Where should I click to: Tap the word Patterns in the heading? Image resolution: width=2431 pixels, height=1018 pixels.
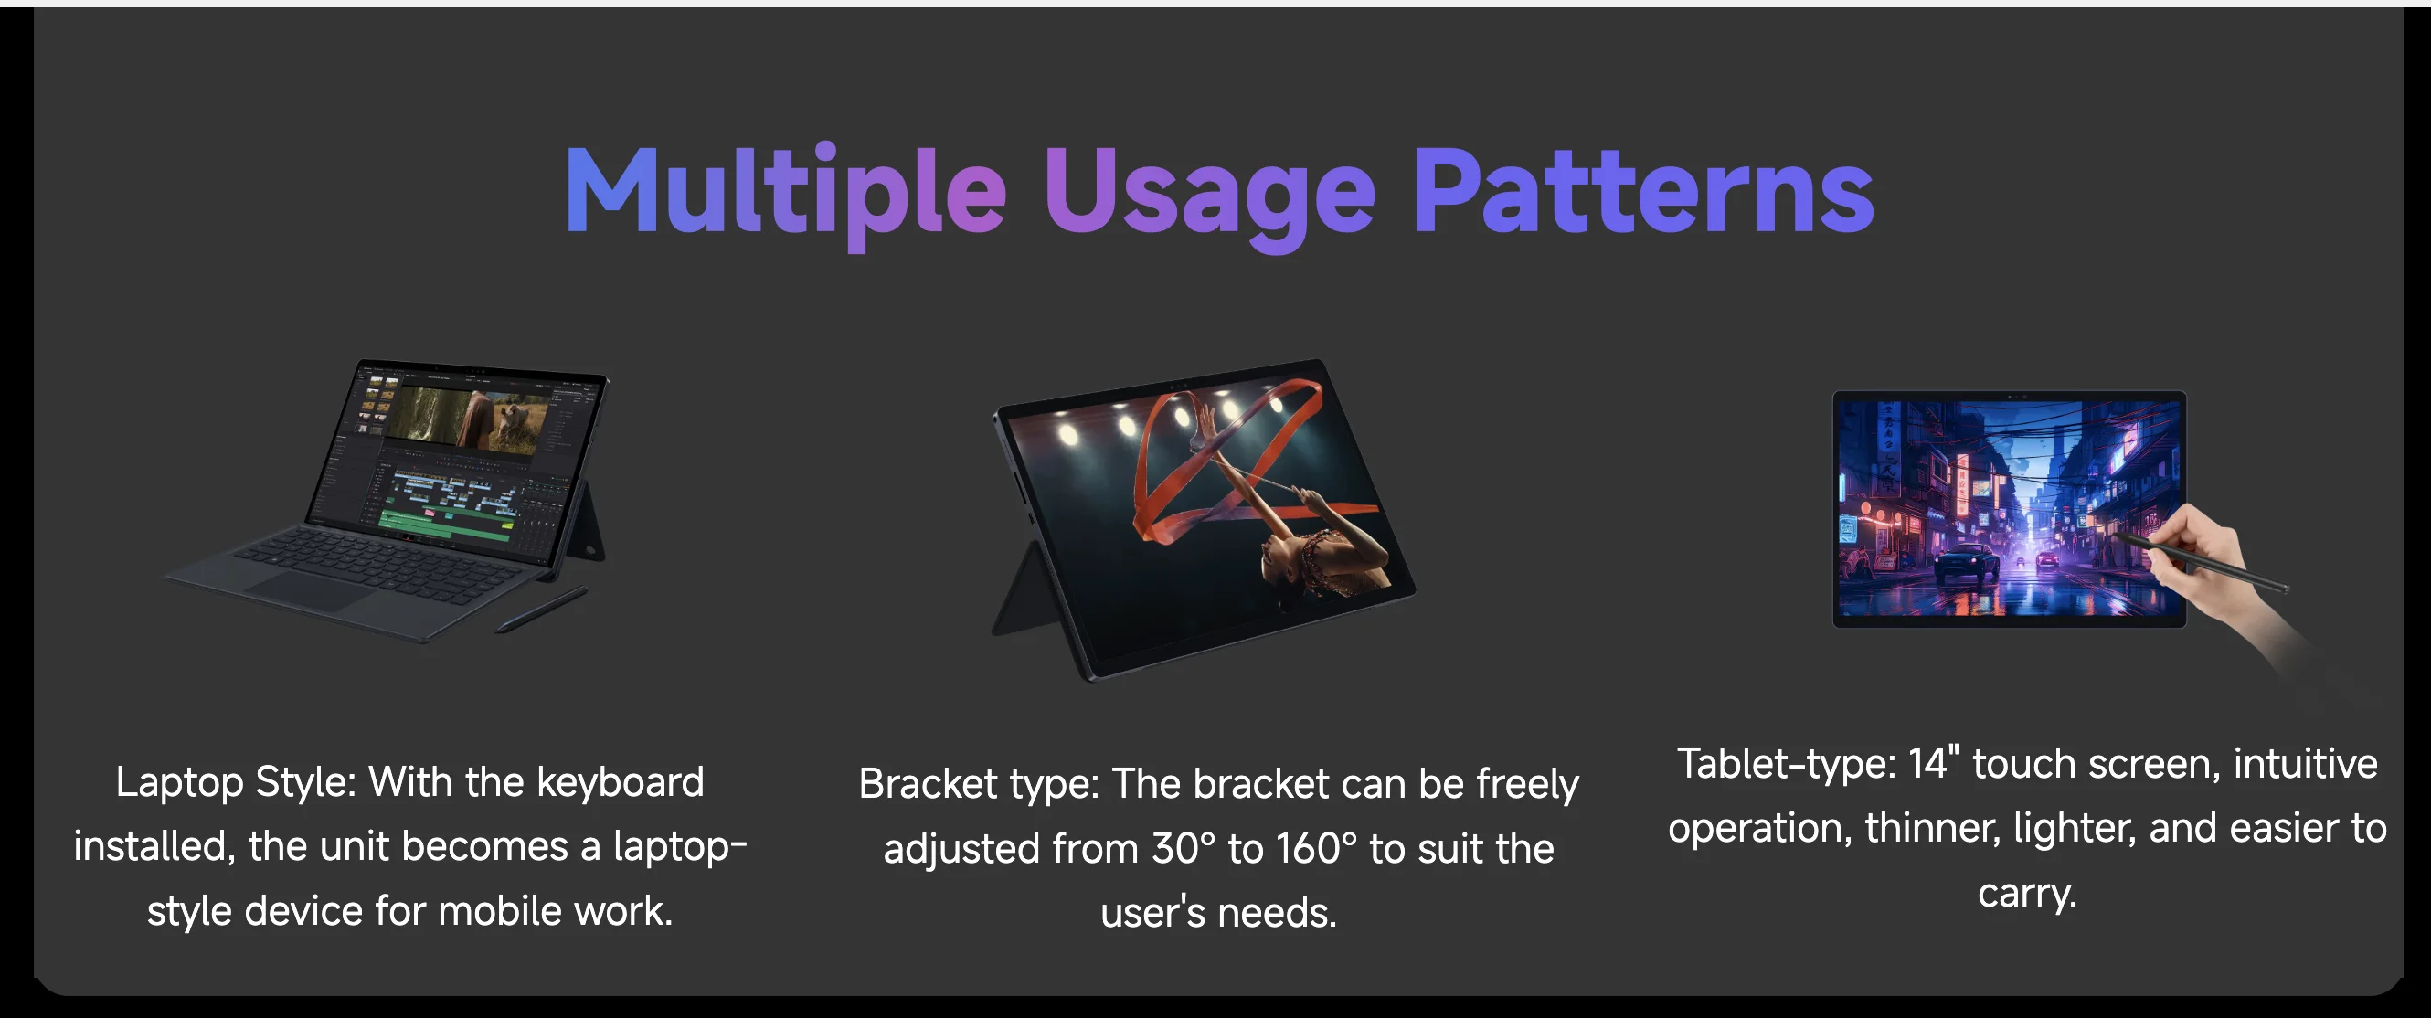[x=1643, y=192]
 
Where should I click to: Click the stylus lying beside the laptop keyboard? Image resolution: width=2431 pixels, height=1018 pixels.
[x=542, y=609]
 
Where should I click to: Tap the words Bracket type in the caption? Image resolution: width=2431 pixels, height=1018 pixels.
[x=980, y=785]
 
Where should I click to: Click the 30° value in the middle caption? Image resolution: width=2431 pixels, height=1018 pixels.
[x=1184, y=848]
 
